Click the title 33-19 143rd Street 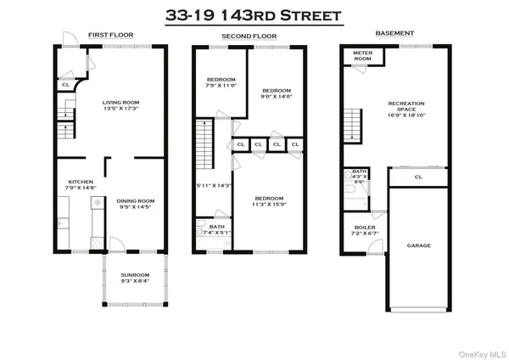coord(255,15)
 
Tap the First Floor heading coord(107,36)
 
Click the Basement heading coord(394,34)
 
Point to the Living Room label coord(121,105)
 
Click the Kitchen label coord(80,185)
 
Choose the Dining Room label coord(136,204)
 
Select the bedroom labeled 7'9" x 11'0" coord(220,83)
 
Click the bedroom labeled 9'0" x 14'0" coord(277,93)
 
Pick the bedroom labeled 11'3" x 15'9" coord(268,201)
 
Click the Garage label coord(418,245)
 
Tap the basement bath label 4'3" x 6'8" coord(359,177)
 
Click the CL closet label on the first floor coord(65,85)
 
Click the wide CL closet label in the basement coord(418,177)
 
